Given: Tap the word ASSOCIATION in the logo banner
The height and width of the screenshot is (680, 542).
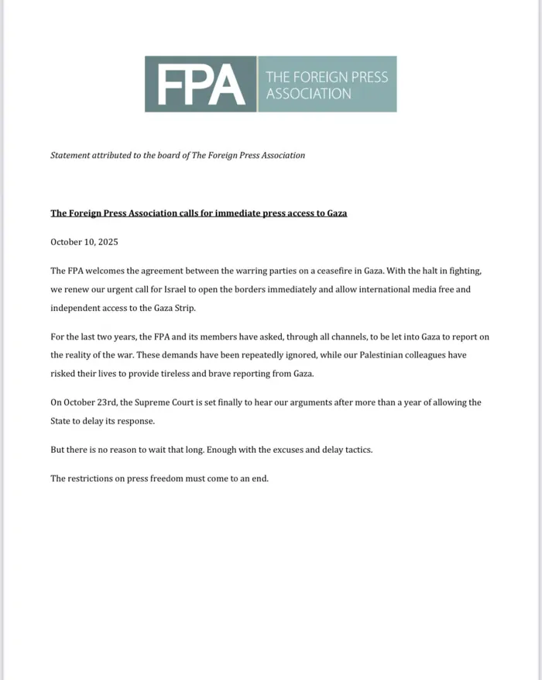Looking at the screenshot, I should click(x=308, y=93).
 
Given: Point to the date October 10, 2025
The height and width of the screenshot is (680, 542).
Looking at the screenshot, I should click(x=84, y=242).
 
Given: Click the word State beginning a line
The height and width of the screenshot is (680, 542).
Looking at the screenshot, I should click(x=62, y=421).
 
